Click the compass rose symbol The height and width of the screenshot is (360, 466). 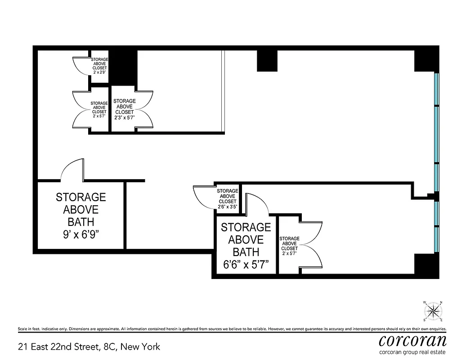click(433, 310)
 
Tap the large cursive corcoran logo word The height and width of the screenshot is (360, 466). click(412, 339)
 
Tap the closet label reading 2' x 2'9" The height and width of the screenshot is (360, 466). click(99, 72)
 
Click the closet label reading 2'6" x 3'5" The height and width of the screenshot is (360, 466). click(227, 207)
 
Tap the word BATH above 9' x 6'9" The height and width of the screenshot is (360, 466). click(81, 221)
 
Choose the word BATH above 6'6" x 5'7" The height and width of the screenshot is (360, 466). click(246, 252)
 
